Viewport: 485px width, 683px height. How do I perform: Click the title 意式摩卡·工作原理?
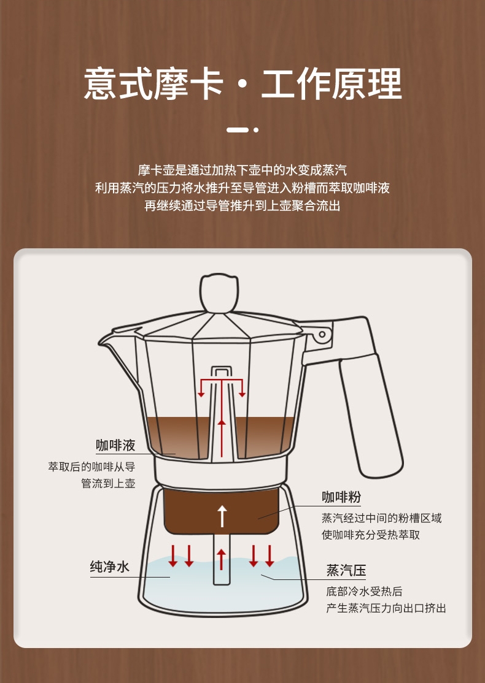[x=243, y=83]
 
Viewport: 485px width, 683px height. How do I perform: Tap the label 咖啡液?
[x=115, y=445]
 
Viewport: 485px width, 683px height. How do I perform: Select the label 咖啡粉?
[x=341, y=497]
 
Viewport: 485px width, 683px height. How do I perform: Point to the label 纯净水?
[x=109, y=567]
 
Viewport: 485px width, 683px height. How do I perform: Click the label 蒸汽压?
[x=346, y=570]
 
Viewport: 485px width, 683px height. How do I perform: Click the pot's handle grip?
[x=371, y=415]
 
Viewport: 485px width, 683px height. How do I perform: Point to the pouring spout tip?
[x=100, y=343]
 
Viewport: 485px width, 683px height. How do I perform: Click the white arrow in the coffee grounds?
[x=222, y=516]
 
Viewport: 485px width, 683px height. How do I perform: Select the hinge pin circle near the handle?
[x=322, y=334]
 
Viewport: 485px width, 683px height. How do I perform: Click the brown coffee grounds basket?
[x=222, y=511]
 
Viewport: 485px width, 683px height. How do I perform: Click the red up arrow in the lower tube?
[x=222, y=560]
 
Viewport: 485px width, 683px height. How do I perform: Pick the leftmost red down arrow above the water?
[x=173, y=556]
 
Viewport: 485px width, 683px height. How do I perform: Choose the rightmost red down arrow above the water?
[x=270, y=556]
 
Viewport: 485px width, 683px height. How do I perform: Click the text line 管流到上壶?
[x=108, y=484]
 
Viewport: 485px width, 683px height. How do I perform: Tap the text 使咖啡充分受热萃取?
[x=371, y=535]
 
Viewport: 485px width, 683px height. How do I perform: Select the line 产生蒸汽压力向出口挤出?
[x=386, y=608]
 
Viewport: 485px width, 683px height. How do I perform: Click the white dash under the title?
[x=238, y=130]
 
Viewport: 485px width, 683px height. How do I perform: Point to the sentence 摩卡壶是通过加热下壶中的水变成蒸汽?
[x=243, y=170]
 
